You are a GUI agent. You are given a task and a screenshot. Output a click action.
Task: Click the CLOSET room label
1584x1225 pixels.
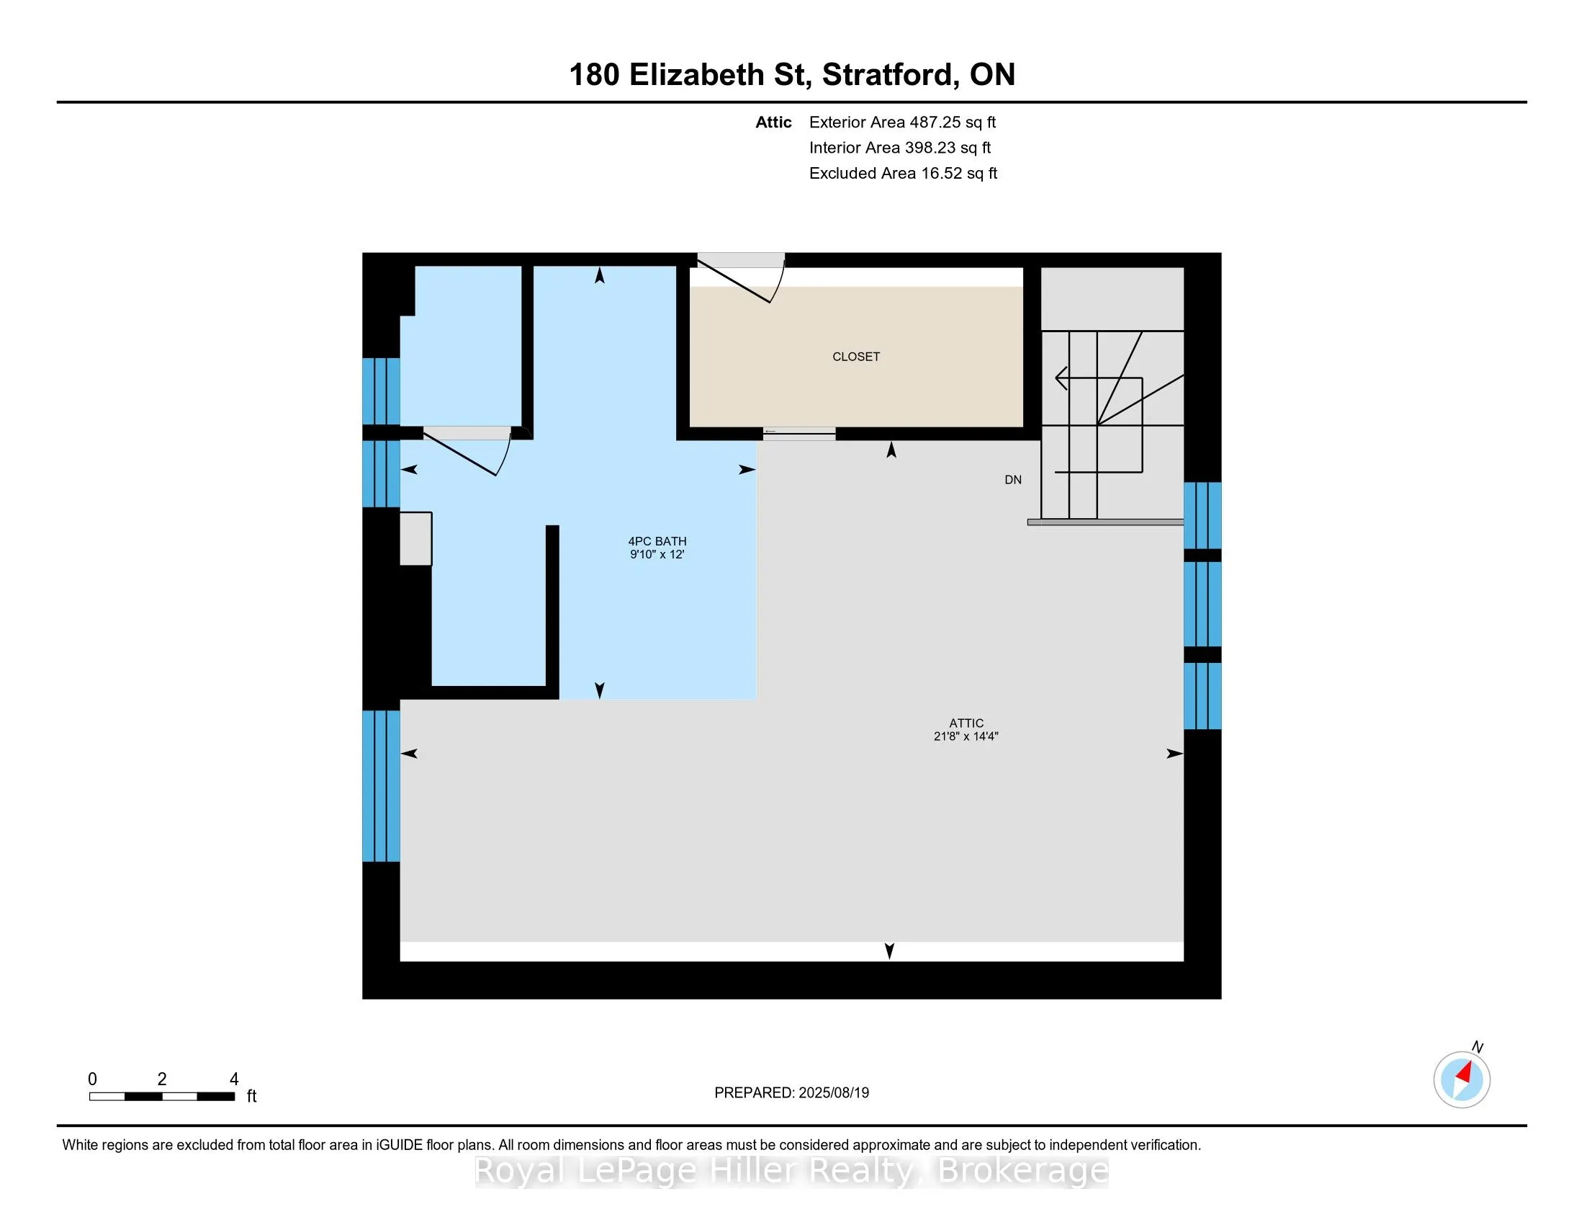tap(856, 356)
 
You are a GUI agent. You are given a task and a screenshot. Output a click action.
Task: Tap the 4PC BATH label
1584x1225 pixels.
tap(657, 541)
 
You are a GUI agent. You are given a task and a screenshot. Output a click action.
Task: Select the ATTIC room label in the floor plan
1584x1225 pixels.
tap(966, 723)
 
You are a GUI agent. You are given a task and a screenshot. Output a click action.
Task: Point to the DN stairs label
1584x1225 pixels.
tap(1013, 480)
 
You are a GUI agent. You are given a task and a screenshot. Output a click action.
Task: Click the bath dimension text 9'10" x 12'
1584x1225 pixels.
tap(657, 554)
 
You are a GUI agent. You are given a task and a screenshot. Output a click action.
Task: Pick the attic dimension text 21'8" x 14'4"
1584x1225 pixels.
tap(966, 736)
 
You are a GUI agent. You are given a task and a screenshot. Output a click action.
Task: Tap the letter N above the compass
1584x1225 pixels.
tap(1477, 1047)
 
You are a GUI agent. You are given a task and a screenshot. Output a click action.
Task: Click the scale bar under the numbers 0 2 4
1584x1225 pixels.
tap(162, 1097)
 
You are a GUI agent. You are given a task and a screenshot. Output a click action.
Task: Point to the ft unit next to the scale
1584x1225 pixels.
tap(252, 1096)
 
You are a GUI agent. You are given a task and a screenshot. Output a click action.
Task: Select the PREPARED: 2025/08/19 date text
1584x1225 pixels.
tap(791, 1093)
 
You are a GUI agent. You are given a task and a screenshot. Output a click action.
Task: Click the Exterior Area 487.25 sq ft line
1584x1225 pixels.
tap(903, 122)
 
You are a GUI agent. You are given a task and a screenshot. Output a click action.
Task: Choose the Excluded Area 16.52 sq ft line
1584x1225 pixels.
tap(904, 174)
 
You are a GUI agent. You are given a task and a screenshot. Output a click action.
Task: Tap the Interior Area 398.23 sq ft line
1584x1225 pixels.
tap(900, 148)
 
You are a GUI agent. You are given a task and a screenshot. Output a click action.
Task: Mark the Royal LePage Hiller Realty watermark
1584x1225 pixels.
tap(791, 1170)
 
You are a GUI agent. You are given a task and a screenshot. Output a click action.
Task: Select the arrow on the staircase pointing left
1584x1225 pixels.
tap(1099, 378)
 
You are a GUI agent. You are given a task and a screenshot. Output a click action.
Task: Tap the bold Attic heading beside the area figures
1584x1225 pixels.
tap(773, 122)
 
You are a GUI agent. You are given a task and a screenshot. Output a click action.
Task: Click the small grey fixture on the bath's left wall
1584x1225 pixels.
tap(416, 538)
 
